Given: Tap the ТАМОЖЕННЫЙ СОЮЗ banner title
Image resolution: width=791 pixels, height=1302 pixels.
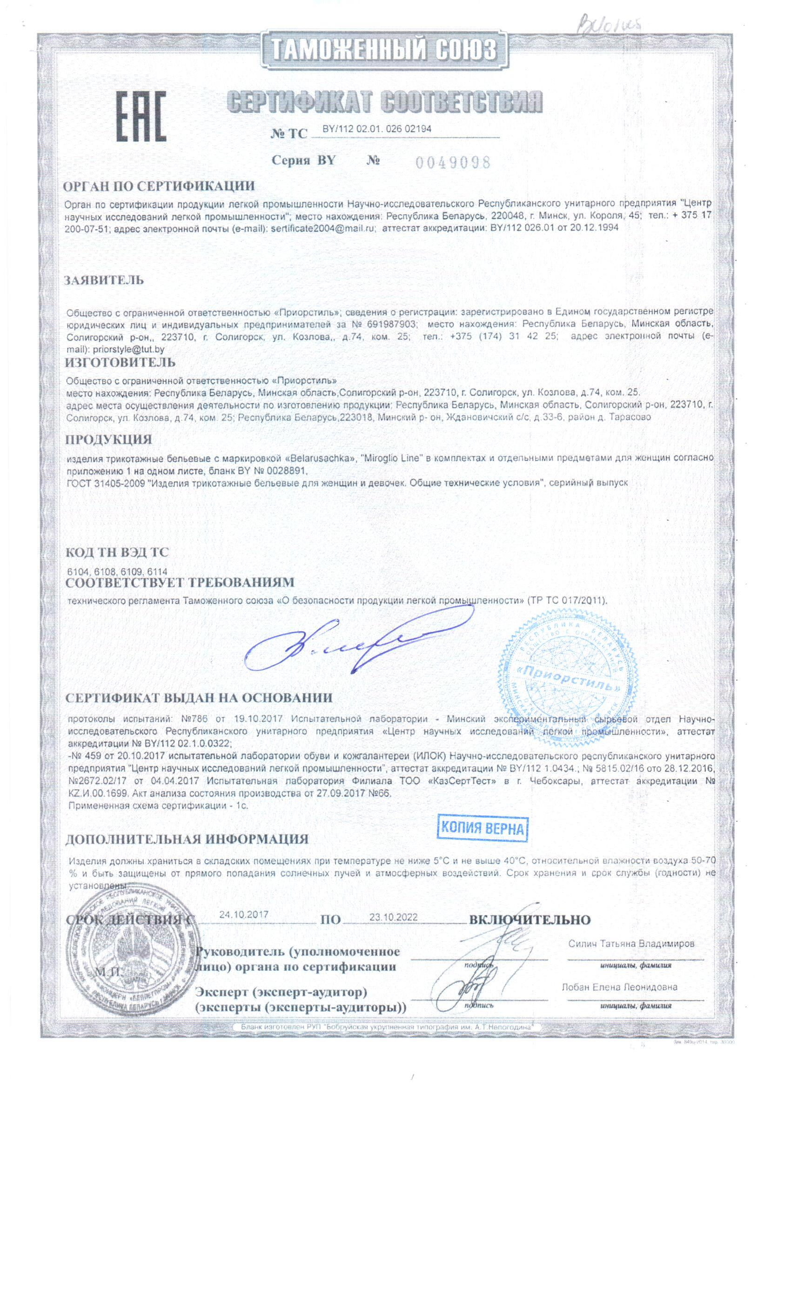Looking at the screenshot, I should (x=384, y=51).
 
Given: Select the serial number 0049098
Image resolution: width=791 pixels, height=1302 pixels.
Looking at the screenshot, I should (x=453, y=161).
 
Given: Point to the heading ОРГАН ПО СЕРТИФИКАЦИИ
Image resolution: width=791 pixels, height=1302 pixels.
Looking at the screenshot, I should (x=159, y=186).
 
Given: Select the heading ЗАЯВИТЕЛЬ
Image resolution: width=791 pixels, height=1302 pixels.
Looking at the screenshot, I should (x=104, y=280).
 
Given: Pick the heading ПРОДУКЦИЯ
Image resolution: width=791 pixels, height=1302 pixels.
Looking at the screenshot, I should (x=108, y=439).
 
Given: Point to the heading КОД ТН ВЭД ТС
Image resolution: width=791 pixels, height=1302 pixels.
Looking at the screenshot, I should (x=117, y=553).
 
